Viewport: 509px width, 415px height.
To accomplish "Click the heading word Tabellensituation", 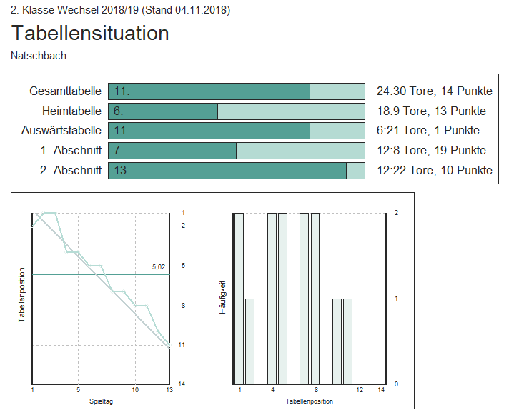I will (x=90, y=33).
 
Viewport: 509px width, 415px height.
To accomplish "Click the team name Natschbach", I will (x=39, y=55).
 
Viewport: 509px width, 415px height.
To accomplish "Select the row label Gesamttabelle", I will (x=66, y=91).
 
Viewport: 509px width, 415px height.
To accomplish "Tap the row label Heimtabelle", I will (x=71, y=111).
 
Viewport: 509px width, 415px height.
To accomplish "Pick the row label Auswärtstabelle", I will (x=61, y=131).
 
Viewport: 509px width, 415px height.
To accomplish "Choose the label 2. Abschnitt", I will (x=72, y=170).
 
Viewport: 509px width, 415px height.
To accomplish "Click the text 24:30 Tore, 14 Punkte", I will (x=434, y=91).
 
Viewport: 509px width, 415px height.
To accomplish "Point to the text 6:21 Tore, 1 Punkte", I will (x=428, y=131).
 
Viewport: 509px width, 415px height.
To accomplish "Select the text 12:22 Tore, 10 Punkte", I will (x=434, y=170).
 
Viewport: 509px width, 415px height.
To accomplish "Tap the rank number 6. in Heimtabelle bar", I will (x=119, y=111).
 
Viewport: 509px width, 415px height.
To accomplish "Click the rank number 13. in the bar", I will (x=122, y=170).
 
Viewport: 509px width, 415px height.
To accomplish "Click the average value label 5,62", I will (x=159, y=266).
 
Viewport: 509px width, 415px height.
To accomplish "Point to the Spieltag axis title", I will (x=100, y=401).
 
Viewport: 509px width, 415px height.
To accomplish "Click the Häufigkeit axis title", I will (x=223, y=299).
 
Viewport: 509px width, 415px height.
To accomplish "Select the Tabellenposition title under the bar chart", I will (x=309, y=401).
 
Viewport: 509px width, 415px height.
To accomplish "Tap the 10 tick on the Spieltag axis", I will (x=135, y=390).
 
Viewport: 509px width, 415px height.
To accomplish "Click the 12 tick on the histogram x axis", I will (x=360, y=390).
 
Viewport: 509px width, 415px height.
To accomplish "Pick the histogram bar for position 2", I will (x=250, y=341).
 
